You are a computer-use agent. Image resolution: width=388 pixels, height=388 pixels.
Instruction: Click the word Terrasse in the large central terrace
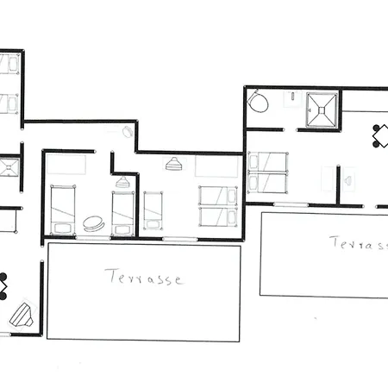click(144, 277)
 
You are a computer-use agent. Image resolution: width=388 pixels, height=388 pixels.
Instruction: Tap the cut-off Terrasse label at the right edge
click(359, 243)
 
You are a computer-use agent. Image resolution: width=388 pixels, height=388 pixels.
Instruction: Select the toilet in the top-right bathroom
click(258, 101)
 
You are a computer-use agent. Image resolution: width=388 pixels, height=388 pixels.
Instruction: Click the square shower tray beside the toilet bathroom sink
click(322, 110)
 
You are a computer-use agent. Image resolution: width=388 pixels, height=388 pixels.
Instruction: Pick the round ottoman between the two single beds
click(93, 223)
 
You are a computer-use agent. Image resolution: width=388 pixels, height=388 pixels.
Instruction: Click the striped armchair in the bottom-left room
click(22, 315)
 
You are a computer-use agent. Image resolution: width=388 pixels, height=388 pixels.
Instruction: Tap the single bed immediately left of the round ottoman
click(63, 210)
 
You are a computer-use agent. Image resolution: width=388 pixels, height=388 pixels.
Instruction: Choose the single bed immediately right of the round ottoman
click(123, 214)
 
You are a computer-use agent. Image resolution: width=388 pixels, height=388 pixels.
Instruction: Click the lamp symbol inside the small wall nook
click(122, 182)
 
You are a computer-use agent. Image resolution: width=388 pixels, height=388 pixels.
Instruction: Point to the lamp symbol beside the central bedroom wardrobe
click(173, 164)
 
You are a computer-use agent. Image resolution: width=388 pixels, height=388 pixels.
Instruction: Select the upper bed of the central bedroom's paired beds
click(218, 196)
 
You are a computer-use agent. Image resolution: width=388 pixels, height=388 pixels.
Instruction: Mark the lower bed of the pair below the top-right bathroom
click(267, 183)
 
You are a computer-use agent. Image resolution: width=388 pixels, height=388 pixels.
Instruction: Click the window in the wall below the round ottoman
click(93, 238)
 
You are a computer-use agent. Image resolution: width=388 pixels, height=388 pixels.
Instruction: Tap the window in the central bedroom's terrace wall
click(180, 239)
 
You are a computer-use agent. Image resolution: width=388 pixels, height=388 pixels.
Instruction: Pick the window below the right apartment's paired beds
click(291, 204)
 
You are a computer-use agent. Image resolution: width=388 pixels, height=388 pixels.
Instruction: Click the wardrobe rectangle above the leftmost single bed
click(66, 164)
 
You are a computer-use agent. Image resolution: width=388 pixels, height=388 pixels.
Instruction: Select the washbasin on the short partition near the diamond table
click(348, 180)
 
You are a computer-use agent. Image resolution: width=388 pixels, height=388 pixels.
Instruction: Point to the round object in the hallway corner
click(128, 132)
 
